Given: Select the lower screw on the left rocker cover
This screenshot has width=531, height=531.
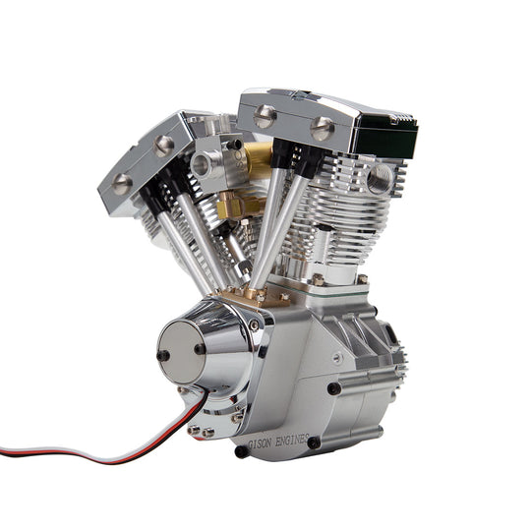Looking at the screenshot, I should point(122,184).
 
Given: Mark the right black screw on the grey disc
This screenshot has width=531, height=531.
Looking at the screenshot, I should point(201,347).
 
